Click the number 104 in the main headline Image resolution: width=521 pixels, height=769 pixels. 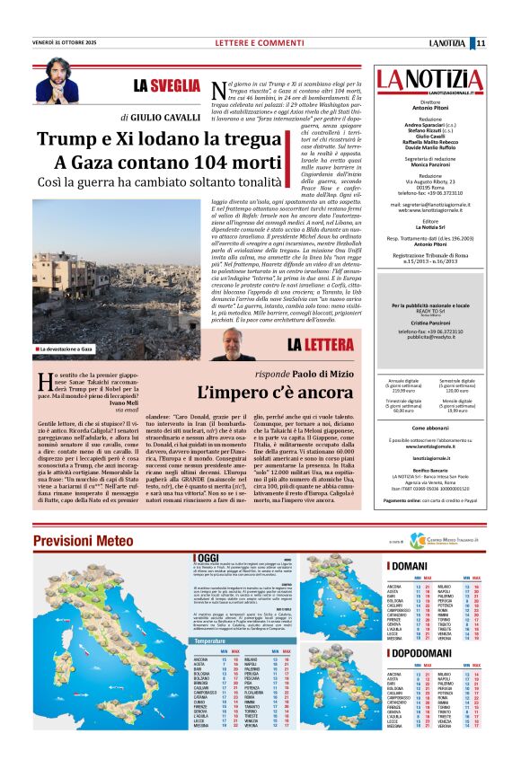tap(159, 163)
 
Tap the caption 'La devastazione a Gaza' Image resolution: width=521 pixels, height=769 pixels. tap(68, 348)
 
